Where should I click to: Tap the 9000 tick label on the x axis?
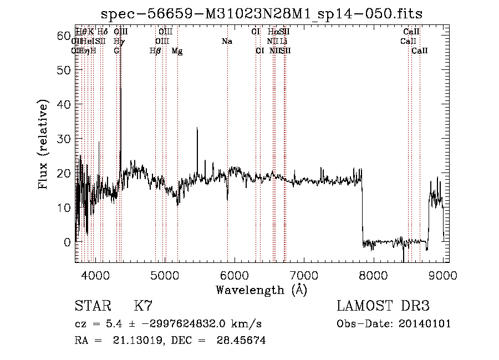(443, 275)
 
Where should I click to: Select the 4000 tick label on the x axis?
(95, 275)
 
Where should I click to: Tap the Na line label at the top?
(227, 41)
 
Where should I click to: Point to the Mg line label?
(177, 51)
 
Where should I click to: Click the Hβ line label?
(156, 51)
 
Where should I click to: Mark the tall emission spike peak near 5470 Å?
(197, 129)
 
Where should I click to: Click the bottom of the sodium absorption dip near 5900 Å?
(227, 199)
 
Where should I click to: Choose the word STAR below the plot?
(92, 306)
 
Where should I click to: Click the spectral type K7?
(143, 306)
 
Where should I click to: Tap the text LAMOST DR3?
(383, 306)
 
